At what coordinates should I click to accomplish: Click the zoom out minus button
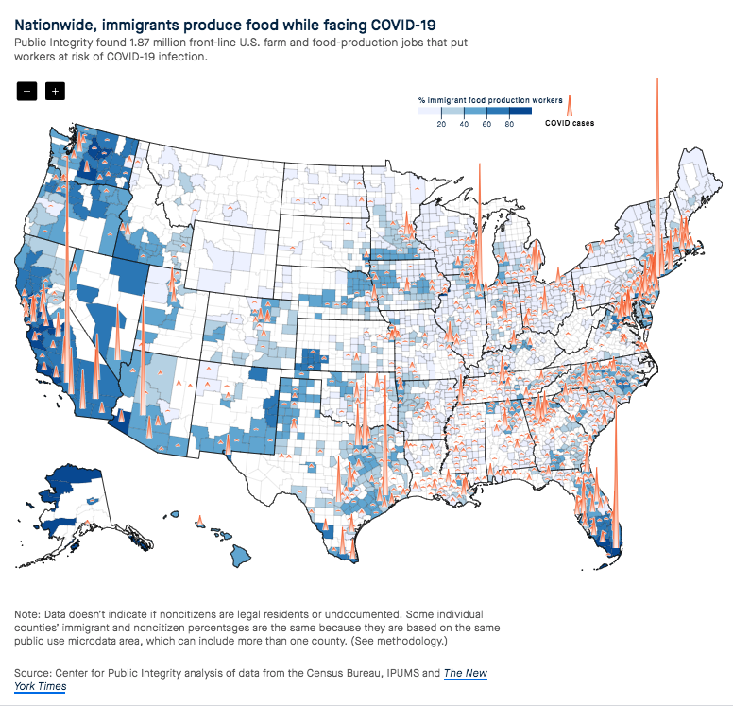(26, 91)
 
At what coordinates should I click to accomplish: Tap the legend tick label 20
(441, 124)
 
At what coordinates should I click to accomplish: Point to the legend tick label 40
(464, 124)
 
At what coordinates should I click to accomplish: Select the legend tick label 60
(487, 124)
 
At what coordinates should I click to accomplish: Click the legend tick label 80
(510, 124)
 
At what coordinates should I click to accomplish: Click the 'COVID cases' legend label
(570, 123)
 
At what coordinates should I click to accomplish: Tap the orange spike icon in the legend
(571, 105)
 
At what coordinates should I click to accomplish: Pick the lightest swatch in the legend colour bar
(430, 112)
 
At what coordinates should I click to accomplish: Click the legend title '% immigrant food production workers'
(490, 99)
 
